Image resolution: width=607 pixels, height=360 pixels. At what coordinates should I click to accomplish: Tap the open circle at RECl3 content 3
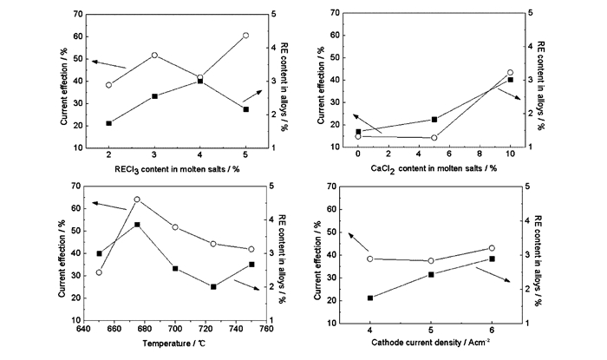coord(154,55)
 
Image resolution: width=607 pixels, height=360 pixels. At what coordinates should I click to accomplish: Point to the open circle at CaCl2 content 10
coord(510,73)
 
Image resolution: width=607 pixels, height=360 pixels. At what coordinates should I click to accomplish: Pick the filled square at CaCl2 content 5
coord(434,119)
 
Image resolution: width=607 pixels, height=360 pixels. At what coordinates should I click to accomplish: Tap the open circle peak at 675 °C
coord(137,200)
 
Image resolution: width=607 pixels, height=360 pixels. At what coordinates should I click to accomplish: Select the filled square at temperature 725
coord(213,286)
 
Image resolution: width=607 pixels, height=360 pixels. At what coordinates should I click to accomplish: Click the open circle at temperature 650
coord(99,272)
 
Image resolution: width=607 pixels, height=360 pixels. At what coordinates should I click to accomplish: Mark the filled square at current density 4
coord(370,298)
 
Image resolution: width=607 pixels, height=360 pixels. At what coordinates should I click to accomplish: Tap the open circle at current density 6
coord(493,248)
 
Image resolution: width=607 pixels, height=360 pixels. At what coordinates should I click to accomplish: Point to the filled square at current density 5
coord(431,274)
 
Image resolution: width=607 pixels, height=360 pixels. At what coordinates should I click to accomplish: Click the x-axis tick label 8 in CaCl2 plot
coord(480,154)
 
